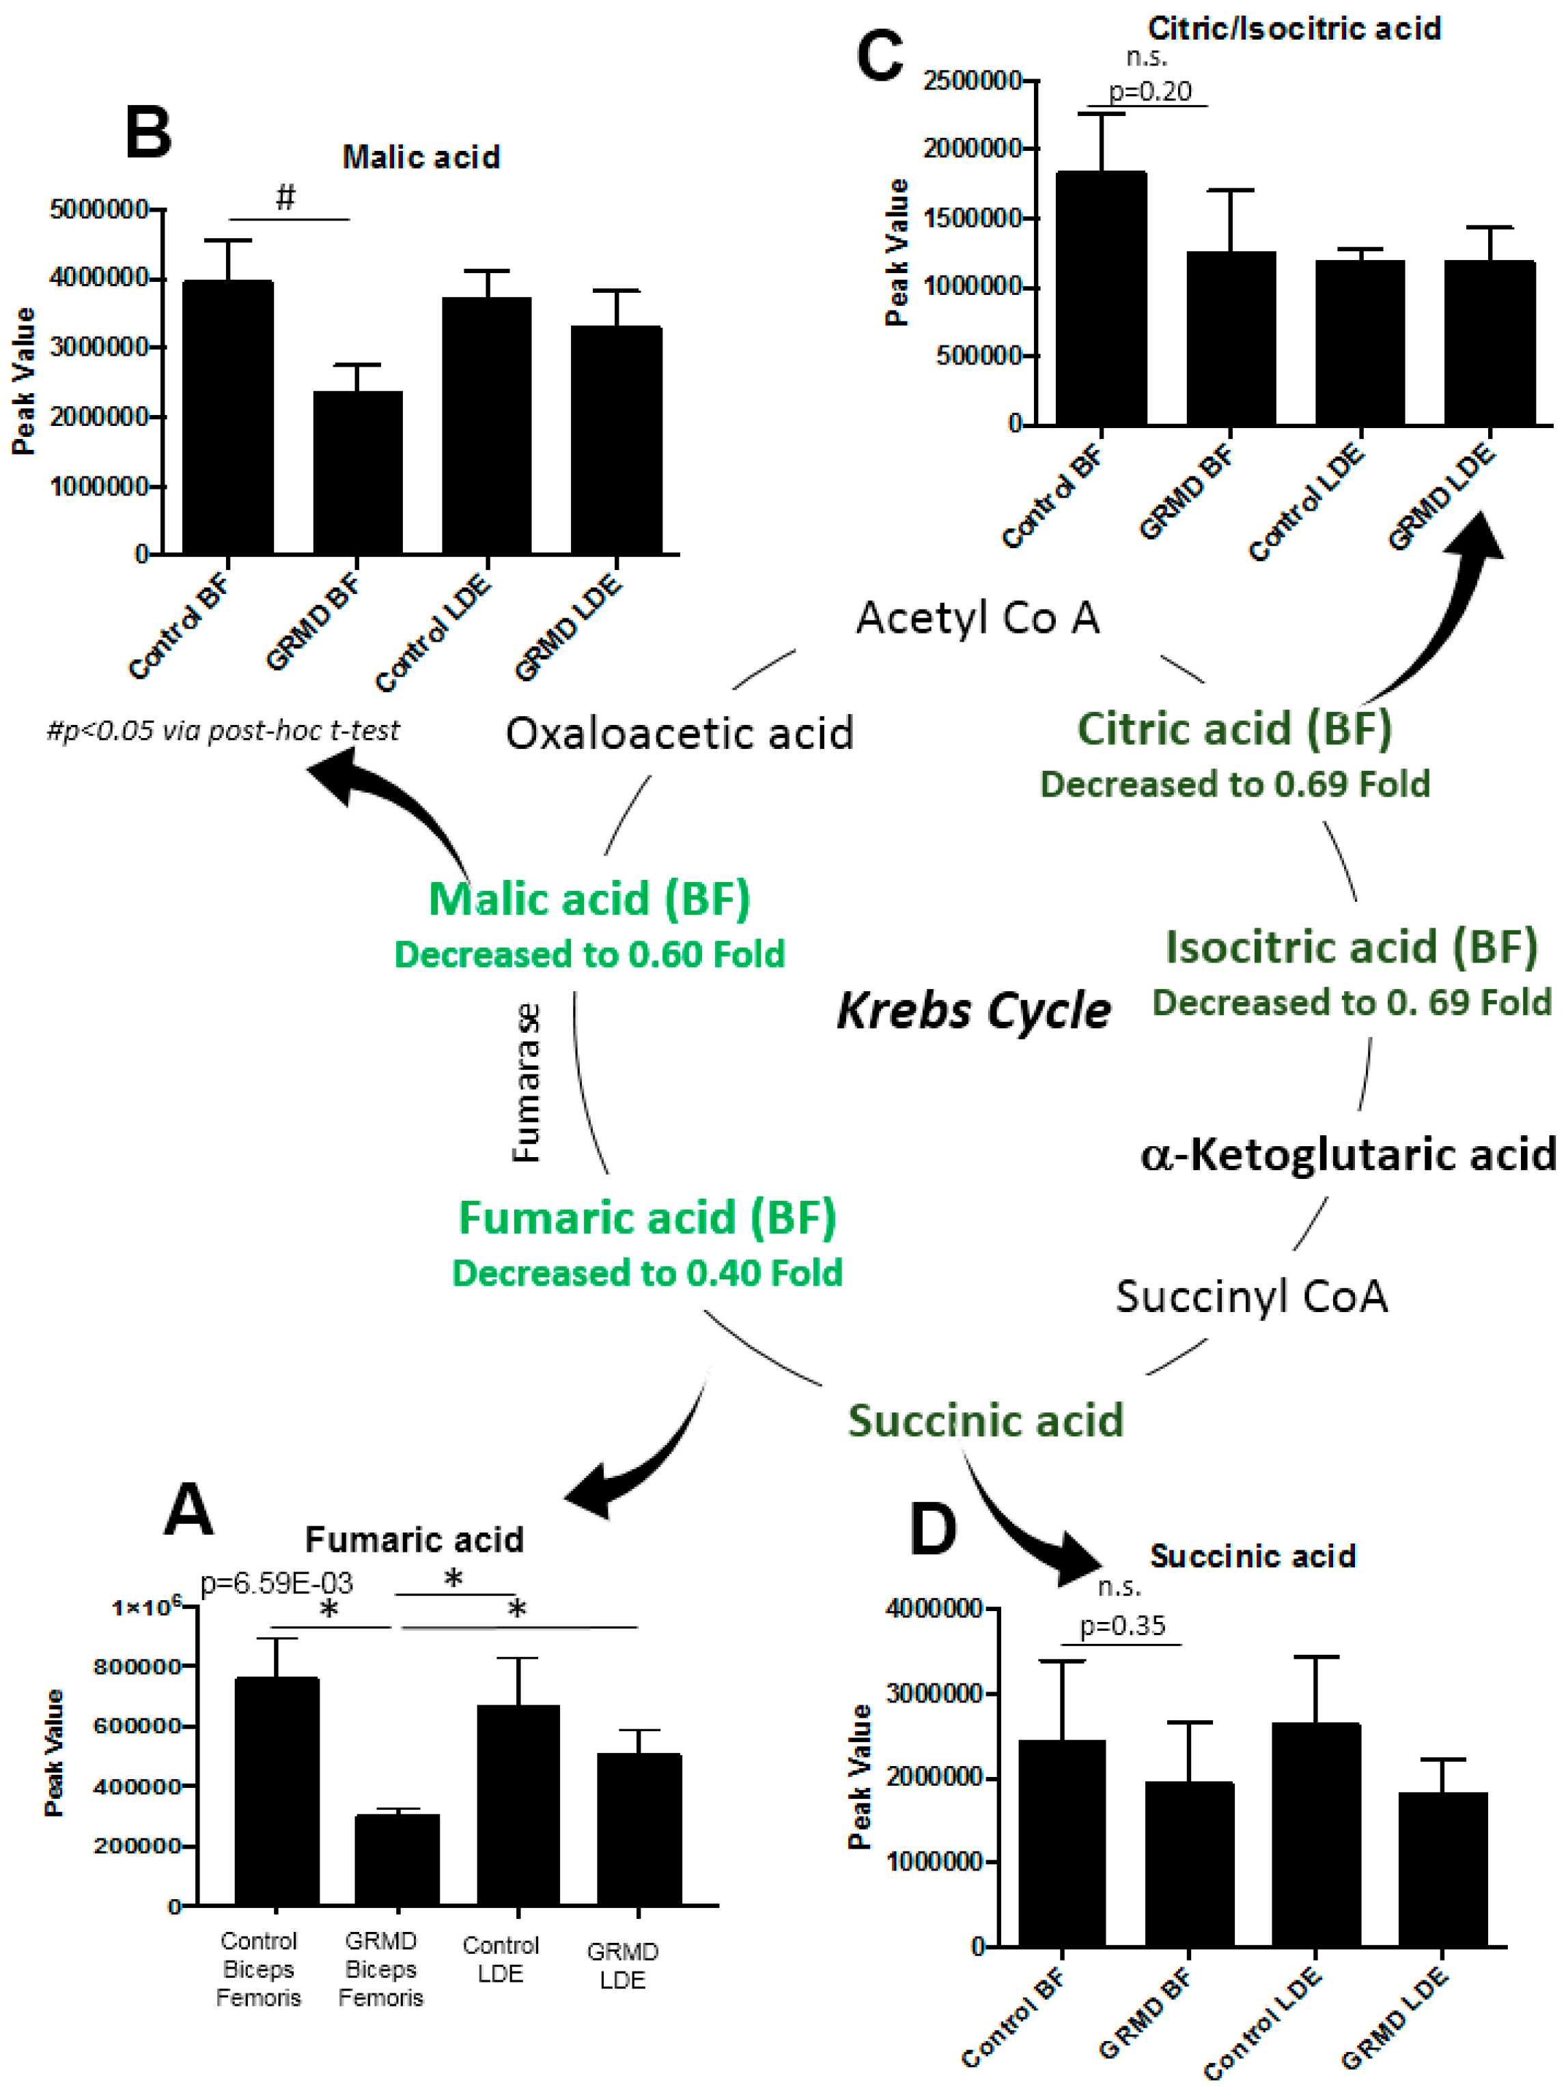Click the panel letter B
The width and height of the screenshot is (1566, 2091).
(x=148, y=132)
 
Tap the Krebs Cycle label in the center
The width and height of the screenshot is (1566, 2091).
(x=973, y=1010)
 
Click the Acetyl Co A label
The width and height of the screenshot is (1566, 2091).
(x=978, y=618)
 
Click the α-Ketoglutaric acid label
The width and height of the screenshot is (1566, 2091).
(x=1347, y=1154)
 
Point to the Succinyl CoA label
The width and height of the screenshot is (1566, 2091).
(x=1251, y=1296)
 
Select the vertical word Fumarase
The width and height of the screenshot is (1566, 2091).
(x=526, y=1083)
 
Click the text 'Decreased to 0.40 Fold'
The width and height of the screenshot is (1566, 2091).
(x=647, y=1273)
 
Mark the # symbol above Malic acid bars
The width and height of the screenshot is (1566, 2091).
(x=285, y=197)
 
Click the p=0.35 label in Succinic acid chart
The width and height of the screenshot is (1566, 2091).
(x=1123, y=1626)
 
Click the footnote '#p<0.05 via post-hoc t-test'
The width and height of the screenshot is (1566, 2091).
(x=223, y=730)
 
